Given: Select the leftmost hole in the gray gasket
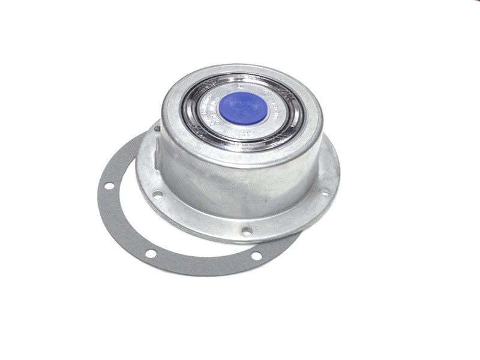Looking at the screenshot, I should pyautogui.click(x=109, y=185).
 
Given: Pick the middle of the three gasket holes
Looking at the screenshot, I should pyautogui.click(x=151, y=253).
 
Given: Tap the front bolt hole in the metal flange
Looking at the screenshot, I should pyautogui.click(x=246, y=230).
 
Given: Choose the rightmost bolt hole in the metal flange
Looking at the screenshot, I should pyautogui.click(x=325, y=192).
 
